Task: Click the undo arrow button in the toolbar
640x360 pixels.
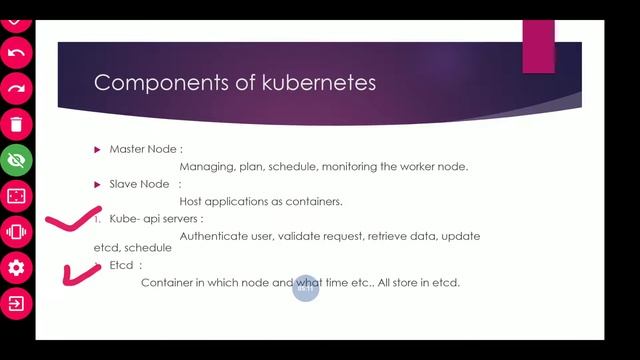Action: pos(16,51)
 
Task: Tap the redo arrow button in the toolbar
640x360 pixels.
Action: pos(16,88)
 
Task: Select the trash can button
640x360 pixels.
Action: pos(16,124)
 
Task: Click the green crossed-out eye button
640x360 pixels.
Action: pos(16,160)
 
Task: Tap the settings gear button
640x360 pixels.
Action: pos(16,267)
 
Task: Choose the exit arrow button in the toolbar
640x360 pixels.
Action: pos(16,303)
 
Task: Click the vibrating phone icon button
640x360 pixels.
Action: pos(16,232)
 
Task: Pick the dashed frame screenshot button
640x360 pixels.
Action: pos(16,196)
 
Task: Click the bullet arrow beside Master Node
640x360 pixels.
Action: pos(98,149)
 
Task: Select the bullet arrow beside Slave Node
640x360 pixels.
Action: pos(98,184)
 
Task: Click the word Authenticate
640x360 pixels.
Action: pos(214,236)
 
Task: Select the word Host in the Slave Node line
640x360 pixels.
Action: pos(192,201)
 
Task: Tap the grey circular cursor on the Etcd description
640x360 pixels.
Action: pos(306,288)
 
